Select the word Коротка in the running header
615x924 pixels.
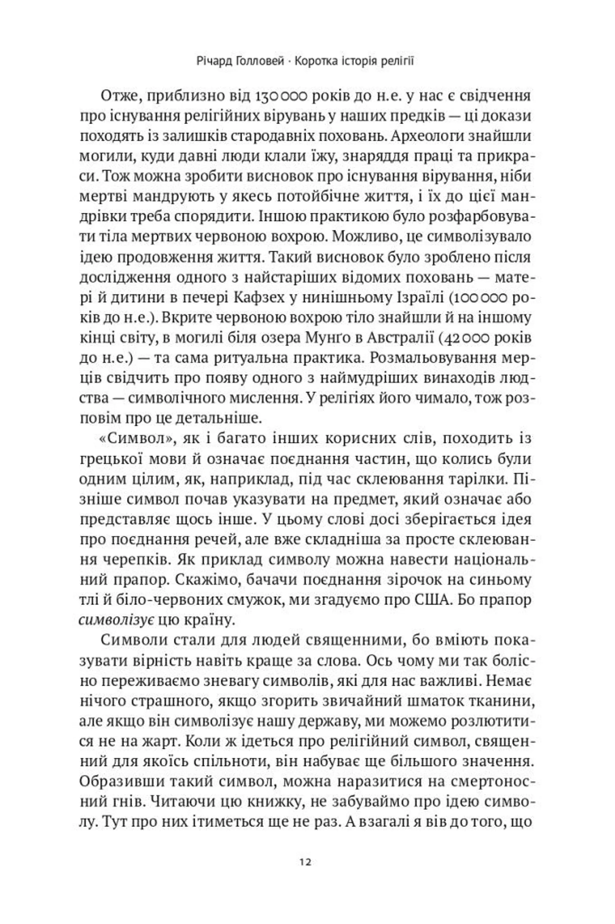318,61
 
